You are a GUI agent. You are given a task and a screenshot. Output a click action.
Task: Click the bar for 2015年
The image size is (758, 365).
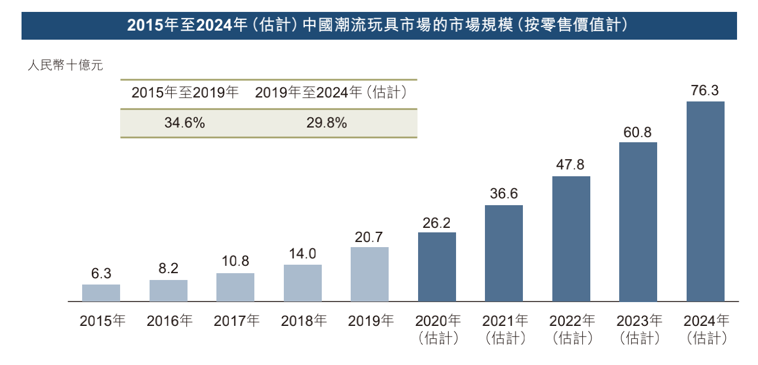101,292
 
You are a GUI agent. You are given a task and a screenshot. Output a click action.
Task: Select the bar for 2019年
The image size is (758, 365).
369,274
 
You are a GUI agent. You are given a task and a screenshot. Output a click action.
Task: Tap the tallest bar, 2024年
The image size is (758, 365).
705,201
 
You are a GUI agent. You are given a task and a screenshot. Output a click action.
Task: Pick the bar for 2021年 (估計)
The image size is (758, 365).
504,253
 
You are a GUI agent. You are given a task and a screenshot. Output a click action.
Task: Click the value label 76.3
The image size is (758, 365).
705,91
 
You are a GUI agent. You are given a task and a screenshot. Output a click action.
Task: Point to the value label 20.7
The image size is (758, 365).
369,237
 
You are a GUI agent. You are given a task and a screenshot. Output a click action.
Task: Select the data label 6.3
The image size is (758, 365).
101,274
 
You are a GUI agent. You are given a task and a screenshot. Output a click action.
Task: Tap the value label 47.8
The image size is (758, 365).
570,165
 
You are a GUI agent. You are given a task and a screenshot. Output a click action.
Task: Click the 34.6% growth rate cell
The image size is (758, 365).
185,123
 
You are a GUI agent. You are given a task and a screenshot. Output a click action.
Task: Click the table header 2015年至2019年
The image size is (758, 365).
185,93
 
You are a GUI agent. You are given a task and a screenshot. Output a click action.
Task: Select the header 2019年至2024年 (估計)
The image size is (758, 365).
331,93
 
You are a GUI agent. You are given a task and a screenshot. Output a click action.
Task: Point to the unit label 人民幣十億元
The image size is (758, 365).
66,66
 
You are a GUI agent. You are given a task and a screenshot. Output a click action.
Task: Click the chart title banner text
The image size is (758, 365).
379,26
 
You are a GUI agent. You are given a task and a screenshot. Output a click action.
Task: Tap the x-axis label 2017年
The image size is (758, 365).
236,321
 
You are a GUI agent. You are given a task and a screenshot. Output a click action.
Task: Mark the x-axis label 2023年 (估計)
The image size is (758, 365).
638,329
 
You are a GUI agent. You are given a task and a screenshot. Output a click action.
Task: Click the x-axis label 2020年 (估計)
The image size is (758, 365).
437,329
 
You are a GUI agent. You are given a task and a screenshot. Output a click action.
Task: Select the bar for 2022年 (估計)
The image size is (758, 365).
570,239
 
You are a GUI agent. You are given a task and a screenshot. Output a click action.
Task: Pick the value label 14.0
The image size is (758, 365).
303,254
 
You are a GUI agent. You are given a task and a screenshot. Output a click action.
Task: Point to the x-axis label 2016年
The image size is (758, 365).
169,321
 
